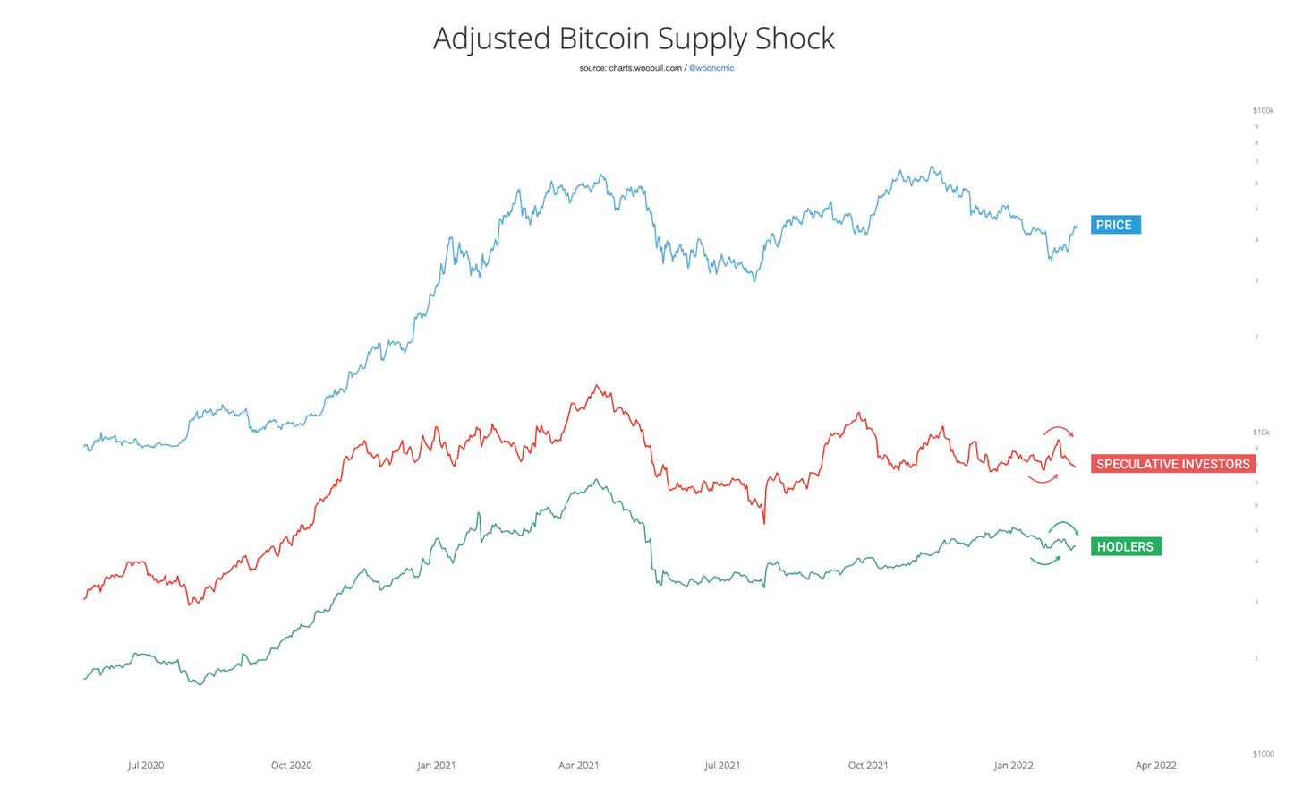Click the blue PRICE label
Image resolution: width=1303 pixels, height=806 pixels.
(x=1115, y=225)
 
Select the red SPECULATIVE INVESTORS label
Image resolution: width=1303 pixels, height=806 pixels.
(x=1172, y=464)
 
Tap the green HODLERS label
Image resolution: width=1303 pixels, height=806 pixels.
(x=1125, y=546)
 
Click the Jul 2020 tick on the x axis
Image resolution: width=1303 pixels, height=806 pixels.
(x=146, y=766)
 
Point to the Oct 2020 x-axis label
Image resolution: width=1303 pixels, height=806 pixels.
(x=291, y=766)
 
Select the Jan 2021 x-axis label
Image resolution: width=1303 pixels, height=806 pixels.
(x=436, y=766)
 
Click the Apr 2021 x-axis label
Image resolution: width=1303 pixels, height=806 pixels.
(x=579, y=766)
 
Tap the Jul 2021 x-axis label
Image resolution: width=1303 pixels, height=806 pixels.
(x=722, y=766)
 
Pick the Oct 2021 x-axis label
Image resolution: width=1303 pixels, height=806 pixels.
(x=868, y=766)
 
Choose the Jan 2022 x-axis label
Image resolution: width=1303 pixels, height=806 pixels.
(x=1013, y=766)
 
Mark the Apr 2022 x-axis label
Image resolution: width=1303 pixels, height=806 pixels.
(x=1155, y=766)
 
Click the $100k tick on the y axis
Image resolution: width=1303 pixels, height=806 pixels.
(x=1263, y=111)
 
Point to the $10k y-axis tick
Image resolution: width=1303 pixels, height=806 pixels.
(x=1261, y=433)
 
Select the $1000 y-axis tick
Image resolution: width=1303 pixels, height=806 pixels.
(x=1263, y=754)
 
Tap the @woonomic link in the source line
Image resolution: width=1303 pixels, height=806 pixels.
(x=711, y=68)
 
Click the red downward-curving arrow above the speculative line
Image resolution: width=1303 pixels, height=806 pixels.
(x=1059, y=431)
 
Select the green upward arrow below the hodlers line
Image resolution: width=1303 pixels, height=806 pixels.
(x=1045, y=561)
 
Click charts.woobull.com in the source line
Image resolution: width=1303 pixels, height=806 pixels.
(x=644, y=68)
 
